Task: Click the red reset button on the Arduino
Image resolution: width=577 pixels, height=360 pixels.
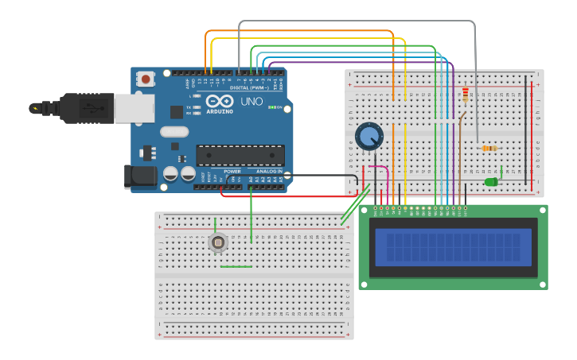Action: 146,79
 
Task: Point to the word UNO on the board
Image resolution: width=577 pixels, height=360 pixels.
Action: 251,102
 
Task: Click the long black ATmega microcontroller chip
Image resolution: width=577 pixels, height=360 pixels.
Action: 240,155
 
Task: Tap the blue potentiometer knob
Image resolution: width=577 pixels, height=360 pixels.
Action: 368,137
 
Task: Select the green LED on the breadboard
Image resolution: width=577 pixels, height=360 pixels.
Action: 491,182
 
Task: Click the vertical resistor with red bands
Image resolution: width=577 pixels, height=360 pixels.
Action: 466,95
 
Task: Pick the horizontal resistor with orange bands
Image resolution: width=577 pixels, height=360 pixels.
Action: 489,148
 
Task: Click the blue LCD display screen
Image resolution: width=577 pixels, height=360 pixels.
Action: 453,246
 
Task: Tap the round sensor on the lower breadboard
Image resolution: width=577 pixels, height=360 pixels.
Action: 217,242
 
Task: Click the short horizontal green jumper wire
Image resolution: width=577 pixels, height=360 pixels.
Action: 236,266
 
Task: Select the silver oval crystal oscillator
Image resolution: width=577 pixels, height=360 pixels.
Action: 174,132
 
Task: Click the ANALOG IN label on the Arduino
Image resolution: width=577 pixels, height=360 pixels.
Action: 269,171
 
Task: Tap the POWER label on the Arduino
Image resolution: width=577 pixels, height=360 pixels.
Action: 232,171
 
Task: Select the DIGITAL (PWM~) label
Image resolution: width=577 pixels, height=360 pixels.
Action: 249,87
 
